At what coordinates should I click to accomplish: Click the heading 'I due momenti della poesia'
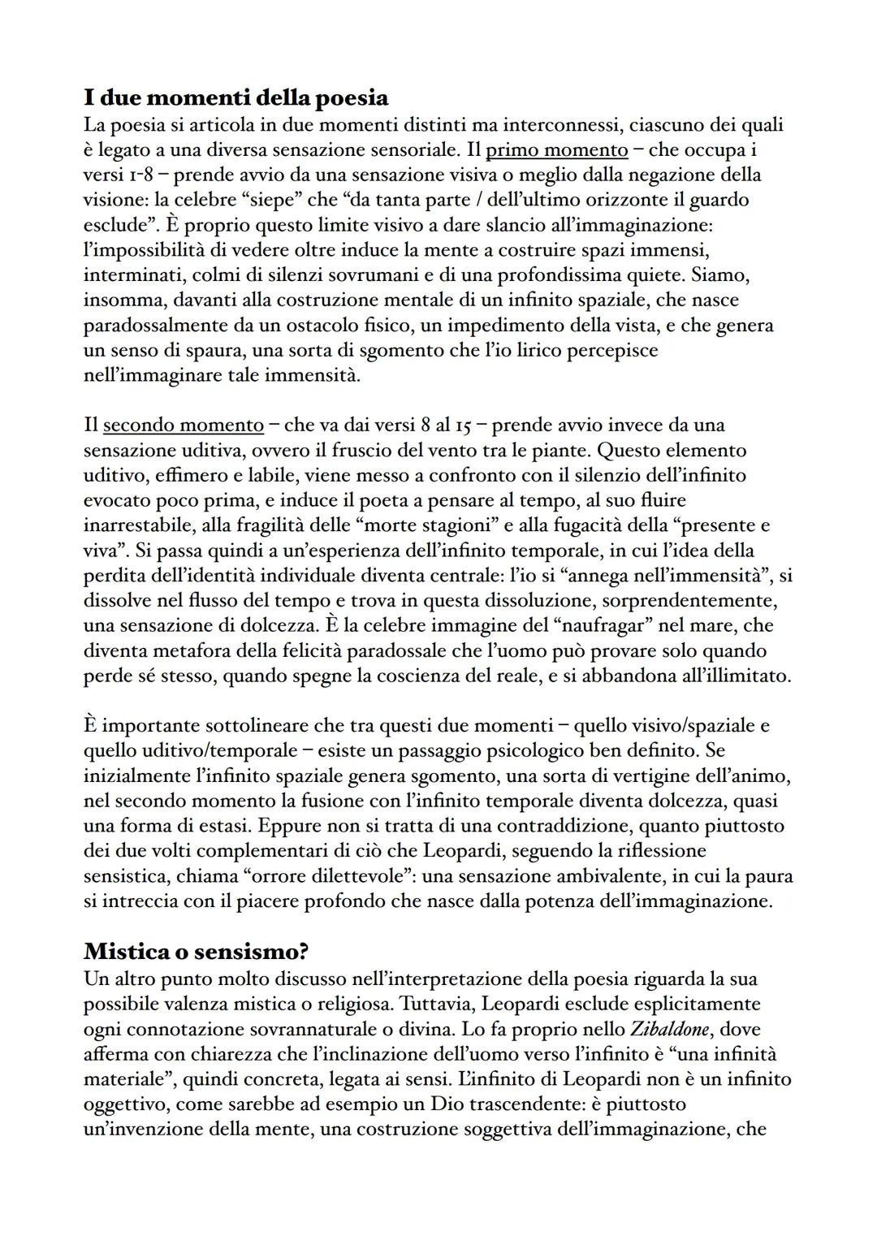point(235,98)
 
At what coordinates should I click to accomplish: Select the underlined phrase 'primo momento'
point(556,149)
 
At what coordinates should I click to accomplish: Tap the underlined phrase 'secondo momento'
point(184,425)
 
